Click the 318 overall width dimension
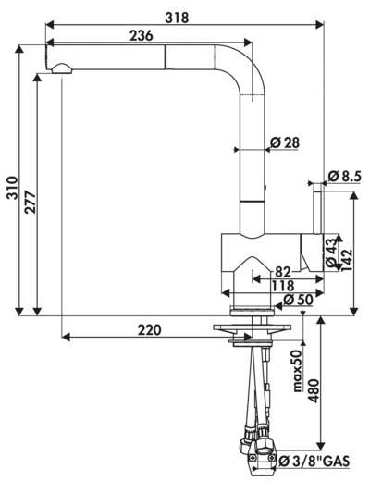point(177,18)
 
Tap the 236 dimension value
point(141,36)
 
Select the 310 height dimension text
point(13,188)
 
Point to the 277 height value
point(31,203)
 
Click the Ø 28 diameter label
point(285,142)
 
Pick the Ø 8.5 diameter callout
point(344,177)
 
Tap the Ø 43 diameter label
point(331,253)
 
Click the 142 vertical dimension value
point(347,260)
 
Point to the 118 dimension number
point(283,286)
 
